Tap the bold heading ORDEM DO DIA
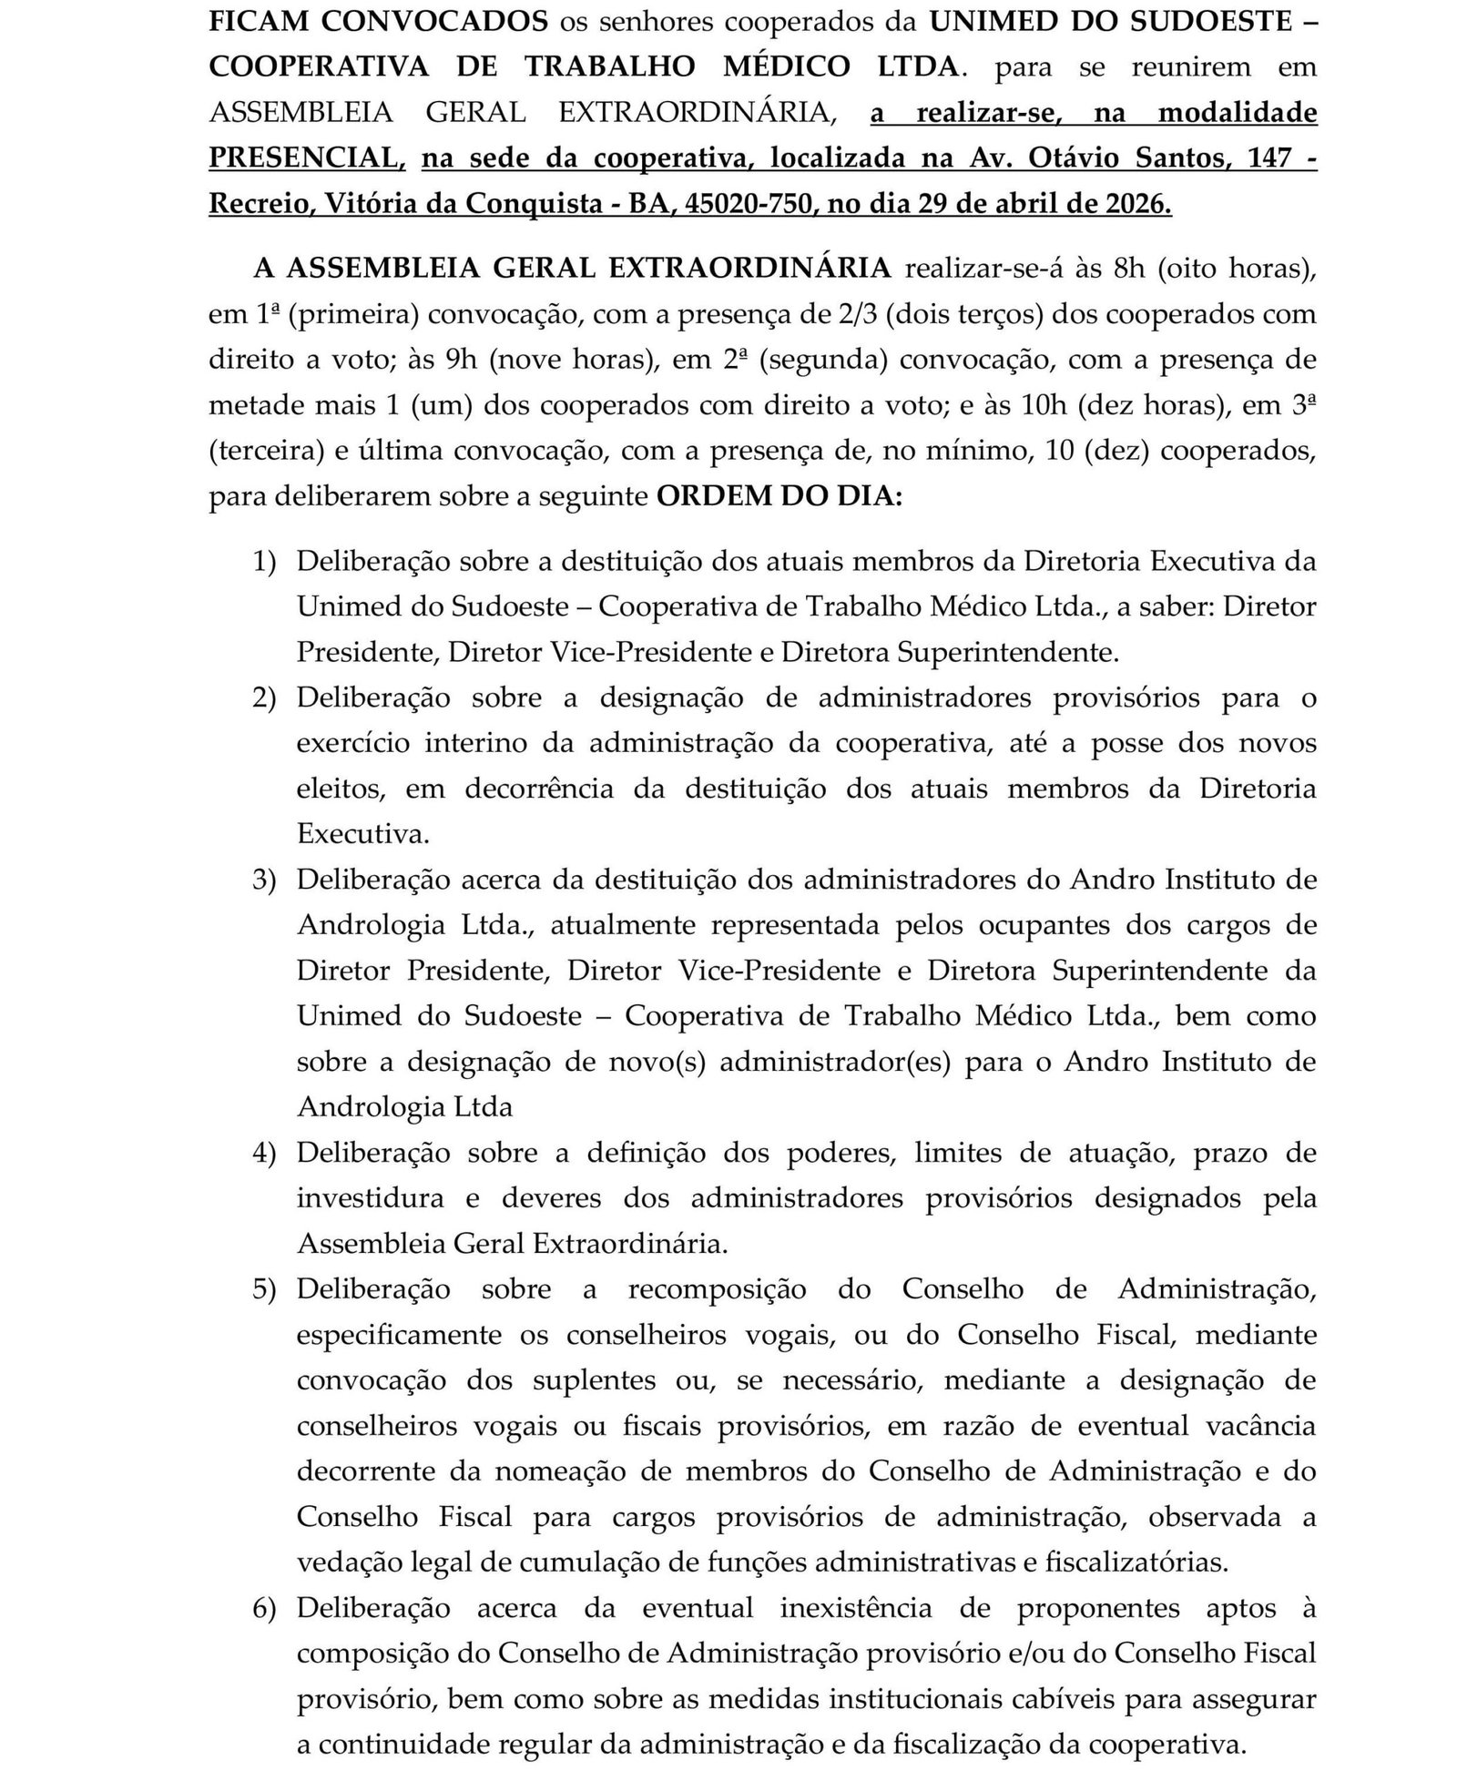pyautogui.click(x=779, y=497)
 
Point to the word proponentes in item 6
pyautogui.click(x=1097, y=1608)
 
